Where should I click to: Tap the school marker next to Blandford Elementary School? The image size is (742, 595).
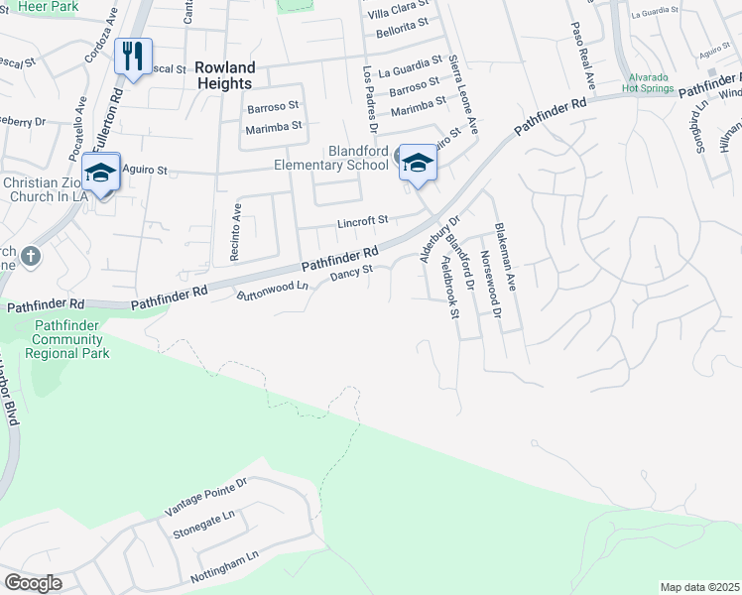[x=418, y=163]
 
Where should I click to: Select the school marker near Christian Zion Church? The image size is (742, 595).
[x=100, y=173]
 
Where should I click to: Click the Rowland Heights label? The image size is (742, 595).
[x=225, y=75]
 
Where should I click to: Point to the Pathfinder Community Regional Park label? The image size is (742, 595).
[x=69, y=339]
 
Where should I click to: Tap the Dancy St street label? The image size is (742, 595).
[x=351, y=271]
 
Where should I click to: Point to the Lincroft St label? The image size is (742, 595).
[x=360, y=220]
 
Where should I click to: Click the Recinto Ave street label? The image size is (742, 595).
[x=236, y=232]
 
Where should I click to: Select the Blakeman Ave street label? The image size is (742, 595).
[x=506, y=256]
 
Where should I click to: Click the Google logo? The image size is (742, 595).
[x=33, y=583]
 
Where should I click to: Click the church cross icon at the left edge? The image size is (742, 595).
[x=31, y=256]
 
